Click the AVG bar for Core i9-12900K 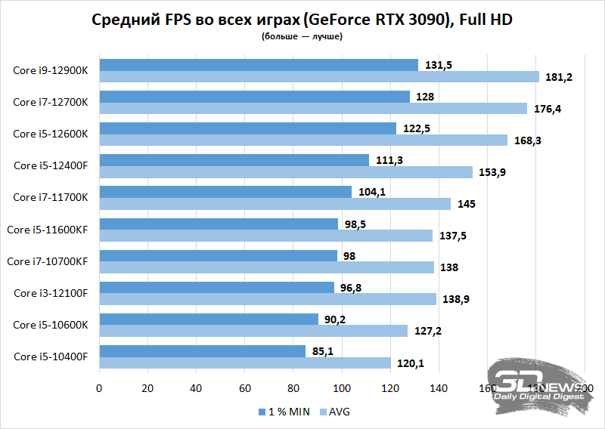coord(318,77)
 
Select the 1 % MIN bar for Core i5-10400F coord(202,350)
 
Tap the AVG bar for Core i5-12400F coord(285,172)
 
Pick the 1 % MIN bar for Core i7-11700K coord(225,192)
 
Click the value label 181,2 coord(556,77)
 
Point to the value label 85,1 coord(321,350)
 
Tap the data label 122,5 coord(414,128)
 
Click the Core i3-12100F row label coord(51,293)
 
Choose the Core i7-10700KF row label coord(48,261)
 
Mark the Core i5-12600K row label coord(51,134)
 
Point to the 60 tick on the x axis coord(244,388)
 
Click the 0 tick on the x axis coord(99,388)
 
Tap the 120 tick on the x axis coord(390,388)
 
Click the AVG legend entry coord(335,412)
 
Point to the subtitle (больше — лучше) coord(302,36)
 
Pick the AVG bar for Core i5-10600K coord(253,331)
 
